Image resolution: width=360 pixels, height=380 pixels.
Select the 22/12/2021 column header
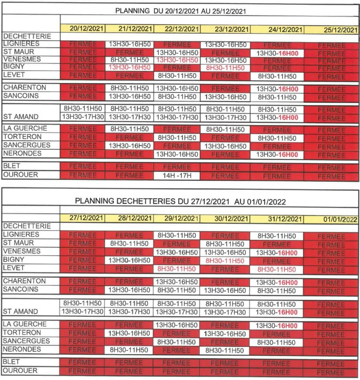pyautogui.click(x=177, y=29)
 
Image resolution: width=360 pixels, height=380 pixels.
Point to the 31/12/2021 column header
pyautogui.click(x=277, y=219)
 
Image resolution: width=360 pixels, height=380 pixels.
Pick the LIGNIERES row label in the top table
pyautogui.click(x=21, y=44)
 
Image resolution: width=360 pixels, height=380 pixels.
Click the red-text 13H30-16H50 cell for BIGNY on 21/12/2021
pyautogui.click(x=130, y=67)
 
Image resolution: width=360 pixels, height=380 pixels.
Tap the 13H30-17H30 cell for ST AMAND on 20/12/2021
pyautogui.click(x=83, y=117)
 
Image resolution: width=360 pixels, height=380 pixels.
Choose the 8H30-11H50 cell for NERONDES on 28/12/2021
pyautogui.click(x=130, y=350)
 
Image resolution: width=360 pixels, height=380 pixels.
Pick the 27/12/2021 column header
pyautogui.click(x=83, y=218)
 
